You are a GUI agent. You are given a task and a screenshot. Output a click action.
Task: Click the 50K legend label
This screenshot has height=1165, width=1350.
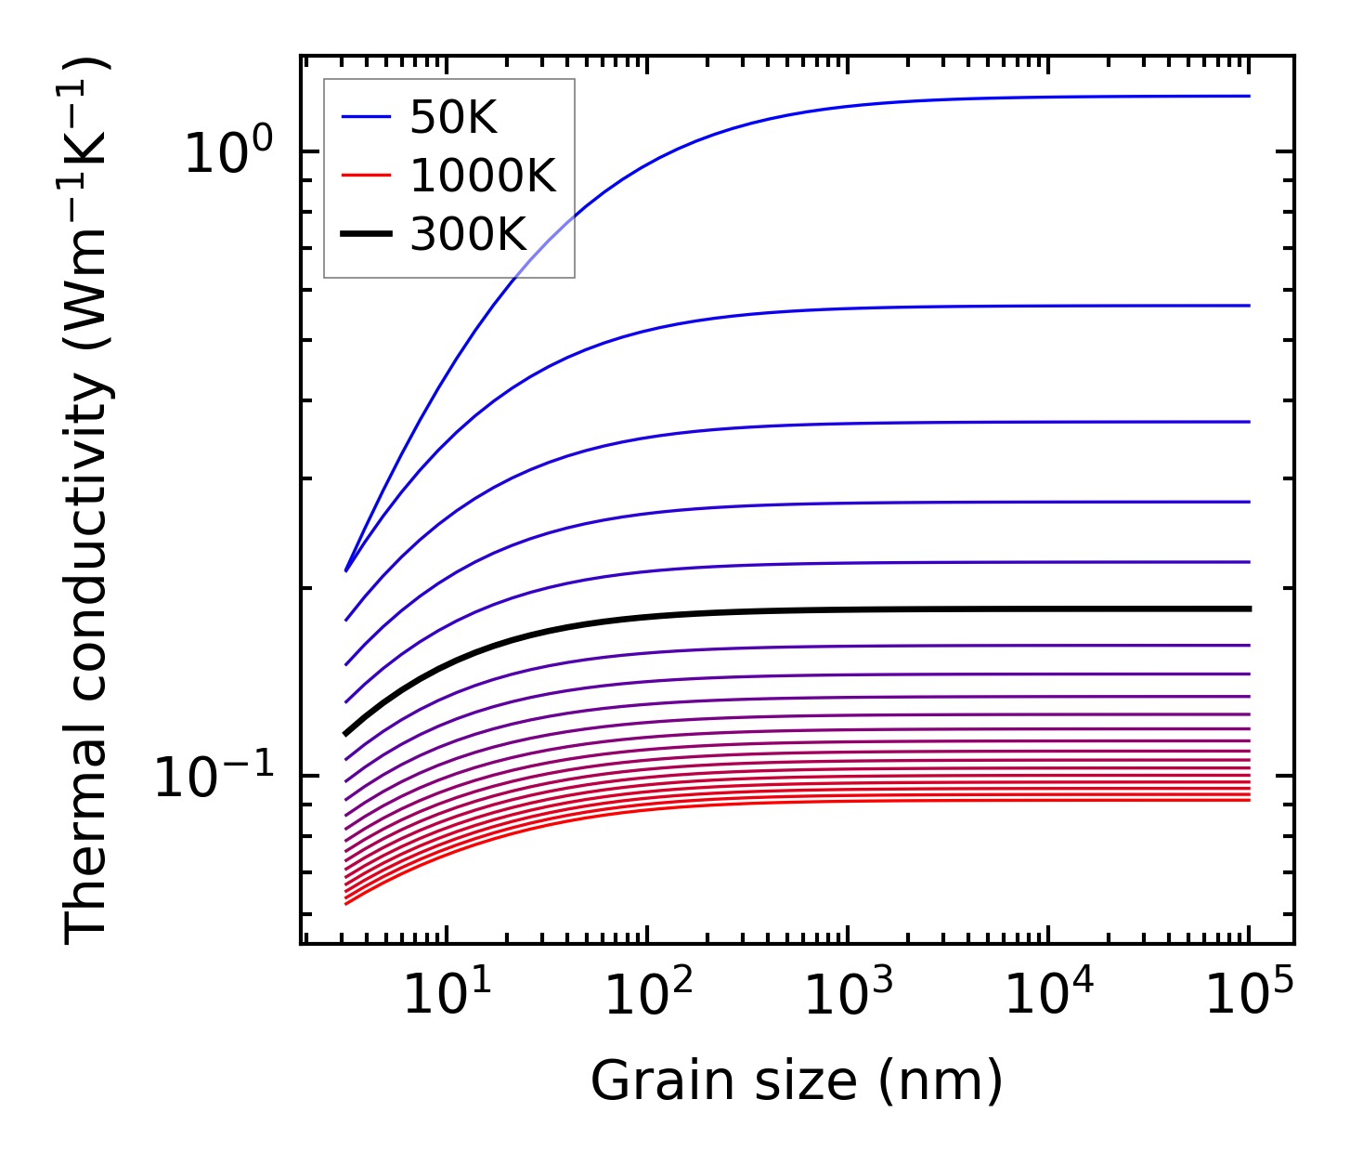[x=453, y=118]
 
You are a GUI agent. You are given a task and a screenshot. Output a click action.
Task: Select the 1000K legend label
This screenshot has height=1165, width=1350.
[x=483, y=177]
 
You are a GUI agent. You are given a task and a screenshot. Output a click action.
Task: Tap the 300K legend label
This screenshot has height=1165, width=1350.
[x=468, y=235]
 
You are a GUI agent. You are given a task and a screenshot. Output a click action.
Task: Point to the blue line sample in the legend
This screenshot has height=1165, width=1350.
[x=367, y=118]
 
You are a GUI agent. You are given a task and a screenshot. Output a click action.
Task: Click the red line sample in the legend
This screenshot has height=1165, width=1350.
[x=367, y=177]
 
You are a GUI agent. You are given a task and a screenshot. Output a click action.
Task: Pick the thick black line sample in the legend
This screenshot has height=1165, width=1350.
[x=367, y=235]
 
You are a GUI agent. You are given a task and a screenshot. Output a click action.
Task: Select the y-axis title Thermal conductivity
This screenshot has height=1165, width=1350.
[x=89, y=502]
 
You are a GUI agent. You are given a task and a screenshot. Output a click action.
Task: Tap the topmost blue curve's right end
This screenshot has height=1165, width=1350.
[x=1248, y=96]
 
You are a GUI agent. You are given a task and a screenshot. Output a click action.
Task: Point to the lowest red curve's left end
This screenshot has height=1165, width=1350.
[x=346, y=903]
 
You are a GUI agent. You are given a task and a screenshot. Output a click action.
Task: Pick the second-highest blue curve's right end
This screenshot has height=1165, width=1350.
[x=1248, y=306]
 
